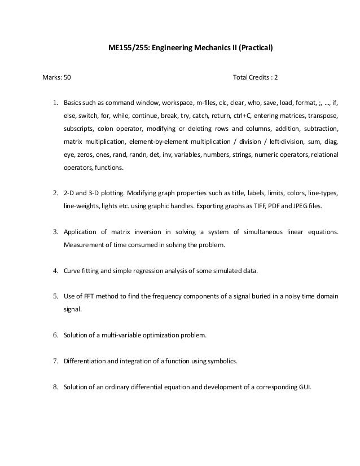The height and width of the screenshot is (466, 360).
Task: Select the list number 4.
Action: [x=56, y=270]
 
